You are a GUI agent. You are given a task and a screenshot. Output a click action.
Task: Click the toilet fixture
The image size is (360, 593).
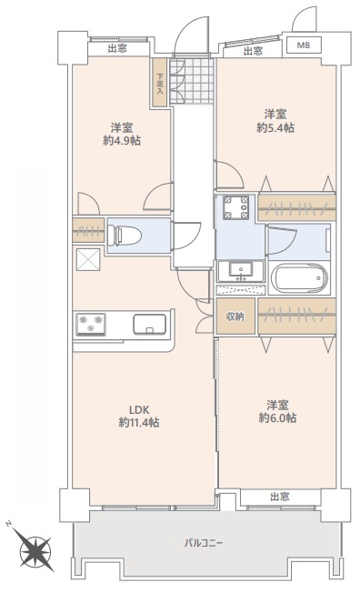(124, 236)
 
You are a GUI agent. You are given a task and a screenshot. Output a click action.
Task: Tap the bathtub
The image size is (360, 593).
(299, 278)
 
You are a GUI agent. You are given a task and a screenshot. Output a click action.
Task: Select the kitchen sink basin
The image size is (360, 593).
(149, 325)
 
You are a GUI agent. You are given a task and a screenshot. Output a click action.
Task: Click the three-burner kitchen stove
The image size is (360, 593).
(90, 324)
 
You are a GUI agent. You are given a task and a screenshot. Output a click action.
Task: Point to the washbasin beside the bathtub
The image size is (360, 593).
(241, 271)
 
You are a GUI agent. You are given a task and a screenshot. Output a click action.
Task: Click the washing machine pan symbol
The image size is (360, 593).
(235, 207)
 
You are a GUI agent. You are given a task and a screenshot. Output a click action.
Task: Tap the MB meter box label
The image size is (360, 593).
(304, 45)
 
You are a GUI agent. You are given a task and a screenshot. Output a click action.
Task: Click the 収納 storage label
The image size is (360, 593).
(235, 317)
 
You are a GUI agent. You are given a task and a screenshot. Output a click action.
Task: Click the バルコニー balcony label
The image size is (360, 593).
(204, 544)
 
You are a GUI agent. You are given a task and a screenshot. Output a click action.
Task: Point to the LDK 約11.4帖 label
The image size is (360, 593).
(139, 416)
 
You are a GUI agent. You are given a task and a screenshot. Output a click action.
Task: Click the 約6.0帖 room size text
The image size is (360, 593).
(277, 417)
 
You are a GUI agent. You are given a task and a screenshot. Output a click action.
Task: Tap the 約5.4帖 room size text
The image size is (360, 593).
(275, 128)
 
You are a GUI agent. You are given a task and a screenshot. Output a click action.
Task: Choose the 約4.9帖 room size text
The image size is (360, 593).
(122, 141)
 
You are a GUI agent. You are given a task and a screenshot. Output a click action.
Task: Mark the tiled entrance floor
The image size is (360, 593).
(192, 81)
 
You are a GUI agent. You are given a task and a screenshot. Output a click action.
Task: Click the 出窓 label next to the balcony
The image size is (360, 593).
(280, 497)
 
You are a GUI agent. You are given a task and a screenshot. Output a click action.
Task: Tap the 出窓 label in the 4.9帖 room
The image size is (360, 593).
(117, 48)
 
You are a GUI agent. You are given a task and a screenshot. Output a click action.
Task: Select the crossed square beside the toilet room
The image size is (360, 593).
(88, 259)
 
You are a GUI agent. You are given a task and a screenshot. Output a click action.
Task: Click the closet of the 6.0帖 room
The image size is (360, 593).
(297, 317)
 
